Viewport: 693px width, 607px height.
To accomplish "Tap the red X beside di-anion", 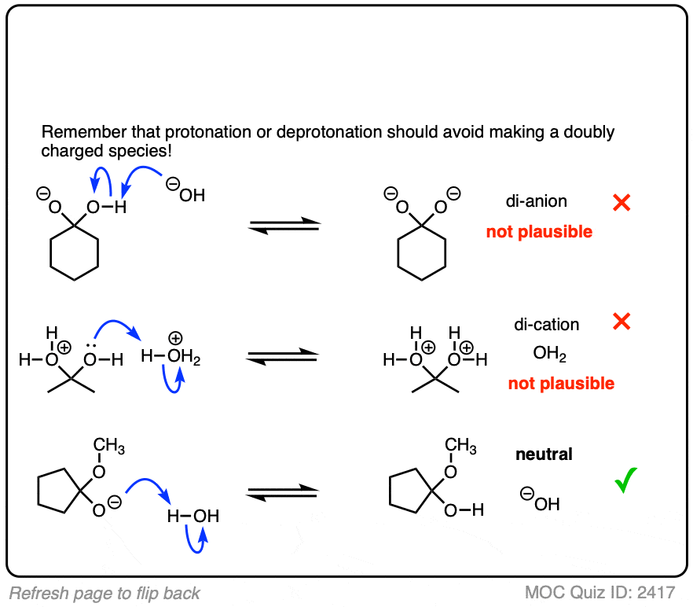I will pyautogui.click(x=621, y=203).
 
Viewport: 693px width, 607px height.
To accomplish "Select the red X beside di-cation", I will pyautogui.click(x=621, y=322).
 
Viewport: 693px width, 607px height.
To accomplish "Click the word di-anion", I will pyautogui.click(x=537, y=202).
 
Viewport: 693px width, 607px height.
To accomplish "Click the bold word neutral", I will pyautogui.click(x=544, y=454).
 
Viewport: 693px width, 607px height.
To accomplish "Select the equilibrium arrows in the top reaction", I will pyautogui.click(x=284, y=224).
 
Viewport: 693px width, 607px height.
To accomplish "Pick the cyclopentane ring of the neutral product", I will pyautogui.click(x=407, y=488).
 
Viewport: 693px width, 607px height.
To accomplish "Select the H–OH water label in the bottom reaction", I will pyautogui.click(x=192, y=517).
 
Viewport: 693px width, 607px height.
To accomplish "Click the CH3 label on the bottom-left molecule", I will pyautogui.click(x=109, y=447).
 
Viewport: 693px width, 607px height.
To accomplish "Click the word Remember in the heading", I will pyautogui.click(x=78, y=131).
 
